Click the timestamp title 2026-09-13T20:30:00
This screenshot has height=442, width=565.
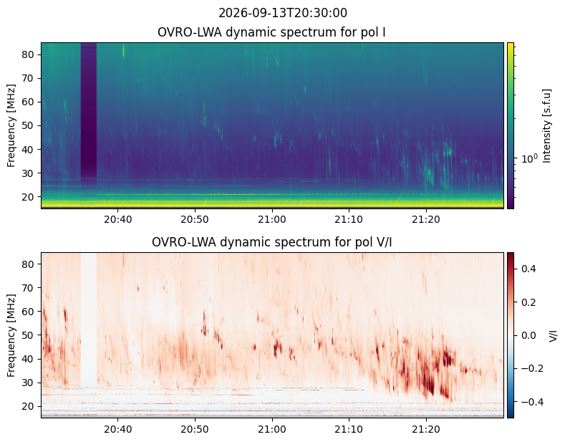282,13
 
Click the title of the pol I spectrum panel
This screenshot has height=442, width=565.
271,32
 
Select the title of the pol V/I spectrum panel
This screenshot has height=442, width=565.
271,242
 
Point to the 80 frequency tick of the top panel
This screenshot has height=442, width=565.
29,54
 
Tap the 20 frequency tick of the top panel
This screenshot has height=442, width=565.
29,197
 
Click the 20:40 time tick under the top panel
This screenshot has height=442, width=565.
118,219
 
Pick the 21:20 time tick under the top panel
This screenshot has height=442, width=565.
426,219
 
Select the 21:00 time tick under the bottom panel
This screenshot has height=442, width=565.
272,429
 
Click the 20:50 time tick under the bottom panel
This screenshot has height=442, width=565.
195,429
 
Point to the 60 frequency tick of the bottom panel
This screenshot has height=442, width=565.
29,312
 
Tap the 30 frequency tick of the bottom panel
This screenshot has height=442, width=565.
29,383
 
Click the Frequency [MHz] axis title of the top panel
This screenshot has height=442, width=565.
11,125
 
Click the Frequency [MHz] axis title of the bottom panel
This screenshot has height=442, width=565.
11,335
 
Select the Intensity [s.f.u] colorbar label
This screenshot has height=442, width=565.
547,126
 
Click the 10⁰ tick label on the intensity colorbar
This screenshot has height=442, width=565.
530,158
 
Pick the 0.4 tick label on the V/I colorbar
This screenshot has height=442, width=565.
528,269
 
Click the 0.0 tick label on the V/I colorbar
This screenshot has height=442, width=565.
528,335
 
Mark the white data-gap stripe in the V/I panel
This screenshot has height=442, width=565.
89,320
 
